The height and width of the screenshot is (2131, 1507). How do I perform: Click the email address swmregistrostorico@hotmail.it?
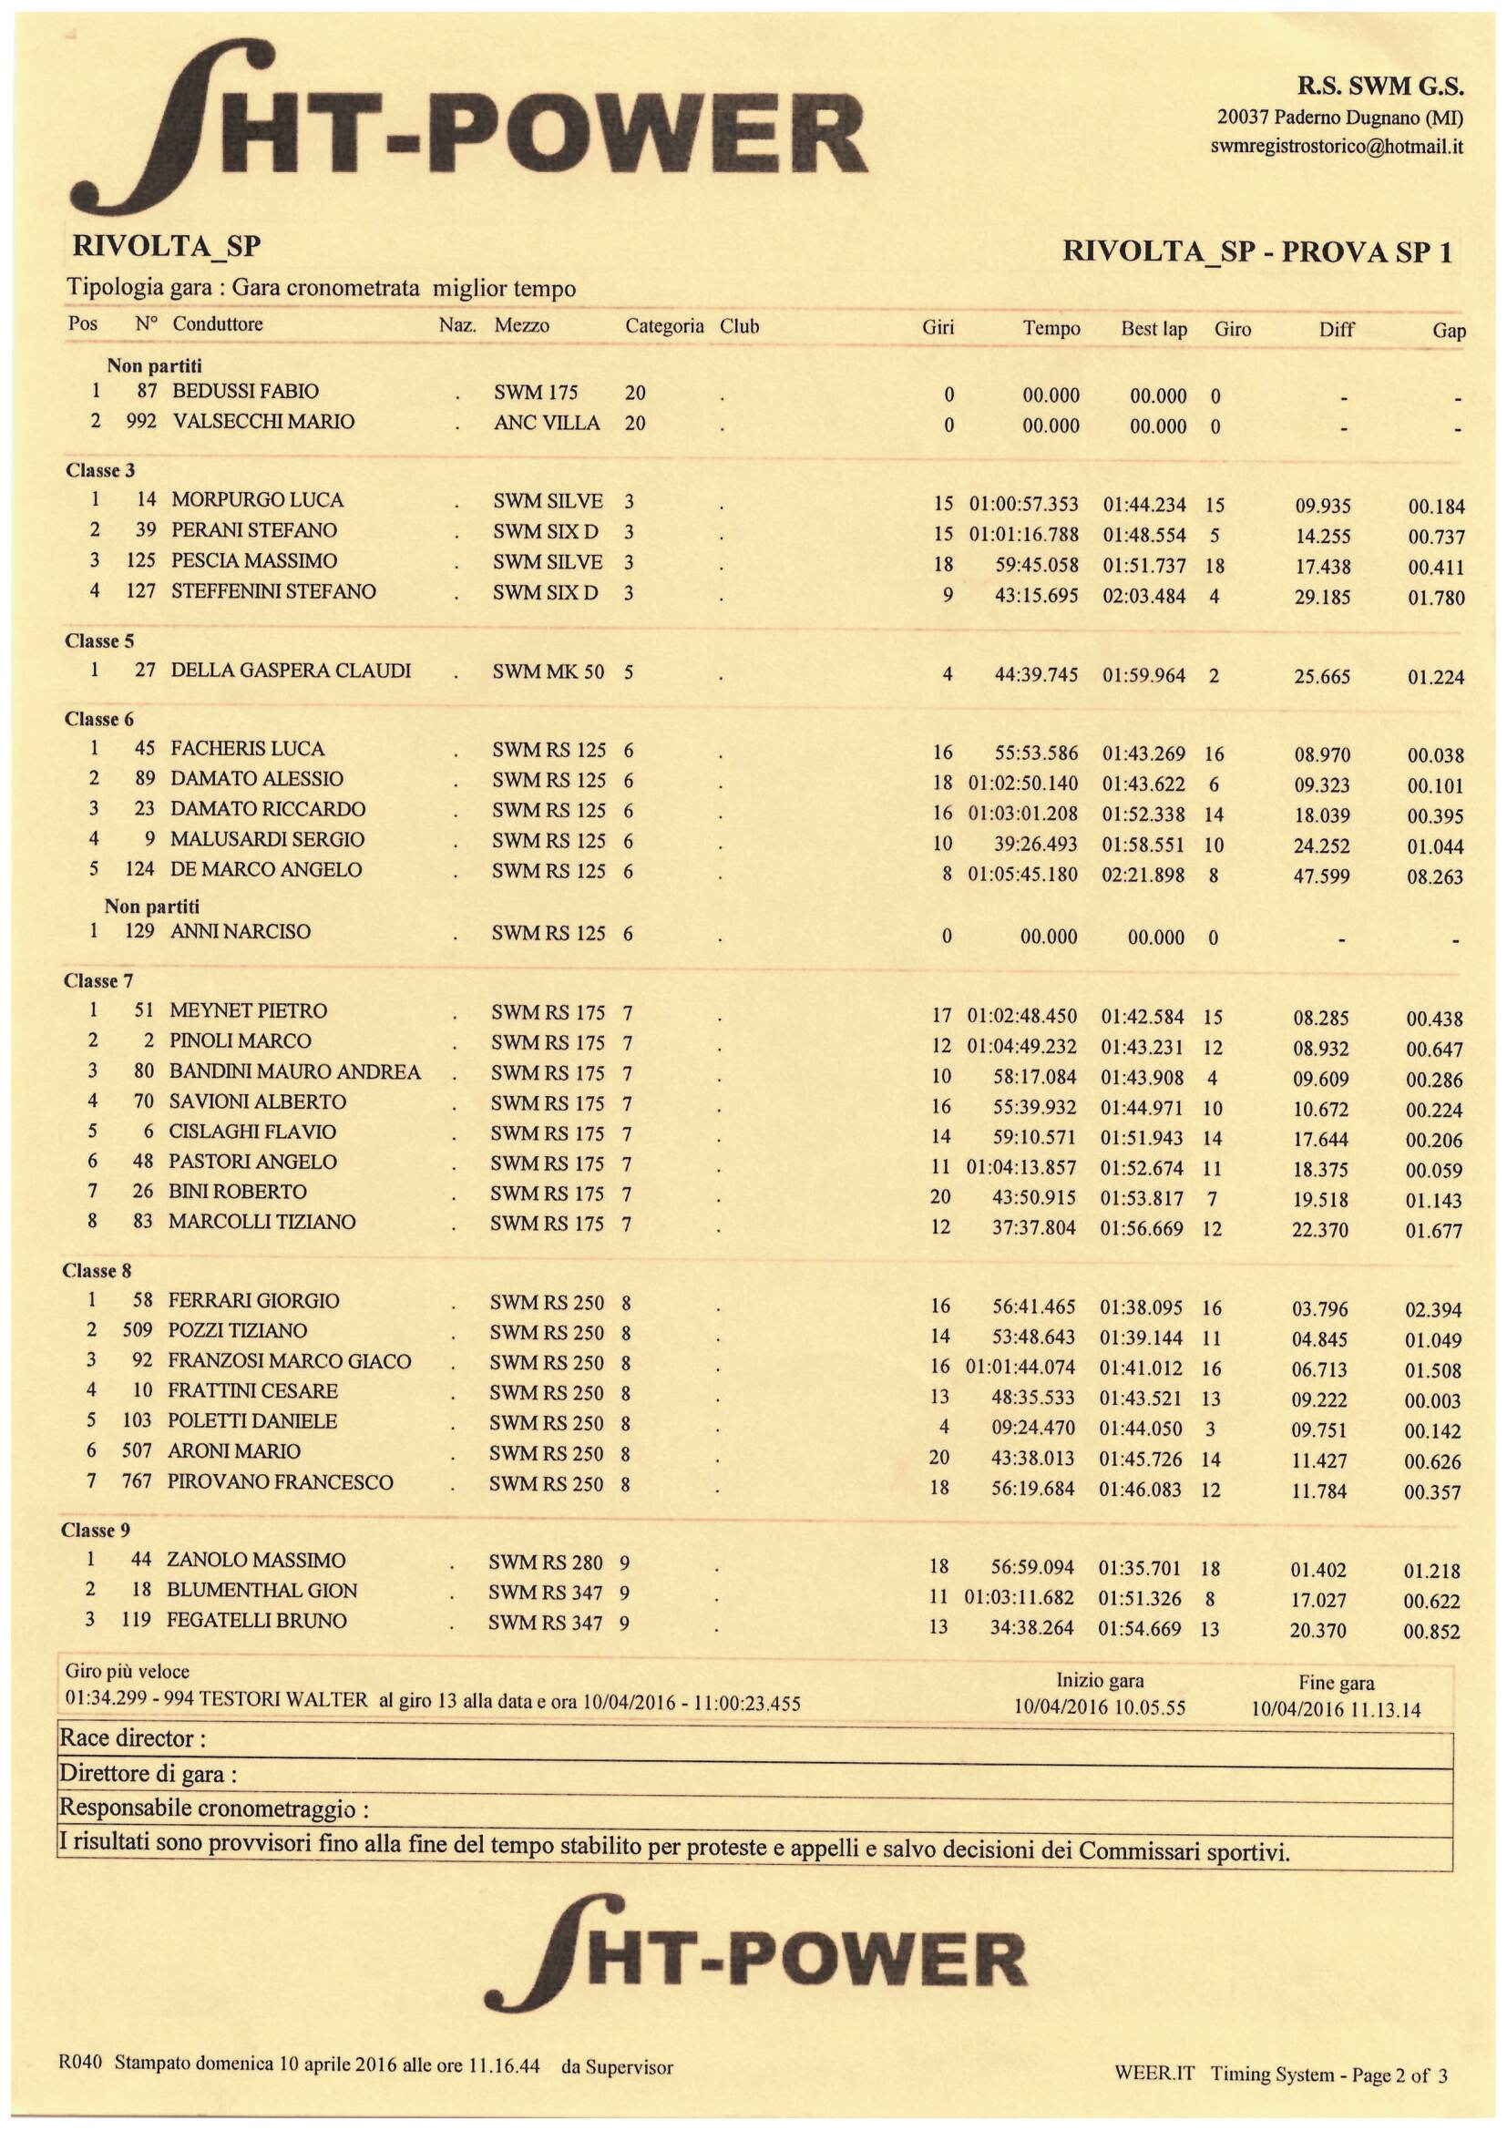click(1337, 147)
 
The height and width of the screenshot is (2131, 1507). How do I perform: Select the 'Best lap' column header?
click(1153, 329)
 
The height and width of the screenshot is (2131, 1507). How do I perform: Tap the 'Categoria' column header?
click(664, 327)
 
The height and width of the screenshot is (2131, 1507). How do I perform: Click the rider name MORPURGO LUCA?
click(257, 500)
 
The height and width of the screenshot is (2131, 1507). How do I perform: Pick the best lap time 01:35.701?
click(1142, 1570)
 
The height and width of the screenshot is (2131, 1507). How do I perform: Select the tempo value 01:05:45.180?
click(1022, 875)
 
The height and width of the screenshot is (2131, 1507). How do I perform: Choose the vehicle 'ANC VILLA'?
click(547, 424)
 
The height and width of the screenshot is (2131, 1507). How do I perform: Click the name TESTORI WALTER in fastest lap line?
click(290, 1701)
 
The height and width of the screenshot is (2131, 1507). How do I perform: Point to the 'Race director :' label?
click(133, 1738)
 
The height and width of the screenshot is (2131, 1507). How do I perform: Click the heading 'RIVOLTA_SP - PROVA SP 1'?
click(1257, 251)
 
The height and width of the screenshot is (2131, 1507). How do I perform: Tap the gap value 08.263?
click(1435, 877)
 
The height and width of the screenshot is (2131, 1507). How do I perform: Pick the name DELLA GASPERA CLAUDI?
click(291, 671)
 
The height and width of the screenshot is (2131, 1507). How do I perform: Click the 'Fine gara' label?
click(1337, 1683)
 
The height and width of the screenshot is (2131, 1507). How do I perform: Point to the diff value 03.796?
click(1319, 1309)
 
